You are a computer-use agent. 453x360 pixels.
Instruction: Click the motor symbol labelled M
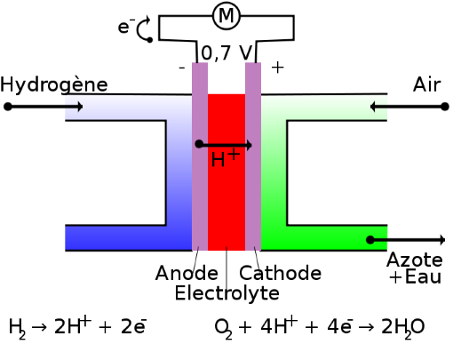(x=226, y=15)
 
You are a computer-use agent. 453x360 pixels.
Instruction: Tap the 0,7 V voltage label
(x=226, y=53)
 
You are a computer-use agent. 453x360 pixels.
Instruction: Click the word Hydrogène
(x=54, y=85)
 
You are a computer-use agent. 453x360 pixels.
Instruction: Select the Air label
(x=426, y=85)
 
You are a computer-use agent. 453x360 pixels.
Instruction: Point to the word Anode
(x=187, y=273)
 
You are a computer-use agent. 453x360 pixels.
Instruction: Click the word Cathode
(x=280, y=273)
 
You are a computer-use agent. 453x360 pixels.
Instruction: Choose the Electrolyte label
(x=227, y=292)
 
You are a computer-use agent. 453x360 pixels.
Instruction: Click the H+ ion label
(x=226, y=157)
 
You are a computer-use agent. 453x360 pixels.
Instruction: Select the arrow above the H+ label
(x=224, y=145)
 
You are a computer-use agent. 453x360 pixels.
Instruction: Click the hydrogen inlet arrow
(x=44, y=107)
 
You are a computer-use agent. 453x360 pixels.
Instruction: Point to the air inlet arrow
(x=409, y=107)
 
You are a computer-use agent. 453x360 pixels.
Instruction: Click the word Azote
(x=415, y=260)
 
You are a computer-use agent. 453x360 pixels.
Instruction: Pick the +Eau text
(x=416, y=277)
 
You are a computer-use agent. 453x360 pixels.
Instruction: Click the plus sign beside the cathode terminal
(x=278, y=68)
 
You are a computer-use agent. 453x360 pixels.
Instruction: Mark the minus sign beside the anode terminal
(x=182, y=68)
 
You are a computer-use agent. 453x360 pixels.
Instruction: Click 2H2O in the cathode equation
(x=403, y=327)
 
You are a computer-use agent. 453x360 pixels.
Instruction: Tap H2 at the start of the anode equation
(x=17, y=328)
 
